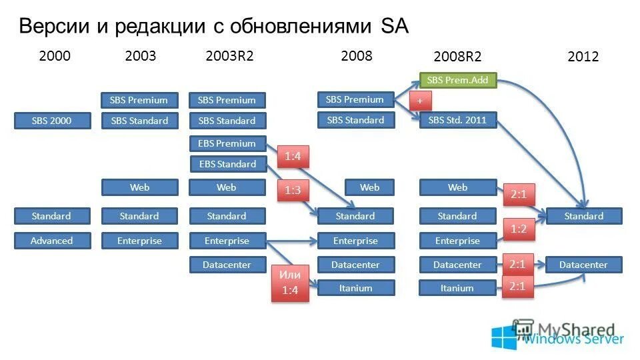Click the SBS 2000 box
(52, 121)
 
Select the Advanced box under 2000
(52, 241)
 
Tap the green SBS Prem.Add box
(457, 80)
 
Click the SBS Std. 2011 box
(457, 121)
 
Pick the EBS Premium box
(227, 143)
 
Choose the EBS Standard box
(227, 164)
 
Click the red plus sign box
(420, 101)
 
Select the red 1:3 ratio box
(293, 191)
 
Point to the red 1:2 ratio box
(518, 229)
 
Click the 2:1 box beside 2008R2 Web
(518, 195)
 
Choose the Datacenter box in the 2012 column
(583, 265)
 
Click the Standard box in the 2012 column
(583, 216)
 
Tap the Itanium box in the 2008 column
(355, 288)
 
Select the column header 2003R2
(229, 56)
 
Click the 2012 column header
(583, 57)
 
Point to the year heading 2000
(55, 56)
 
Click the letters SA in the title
(394, 26)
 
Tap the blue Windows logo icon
(504, 337)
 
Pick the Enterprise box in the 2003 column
(139, 241)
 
